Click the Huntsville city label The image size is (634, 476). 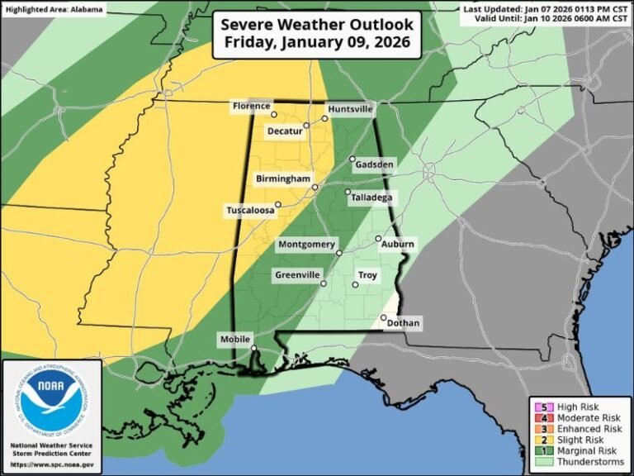pyautogui.click(x=351, y=109)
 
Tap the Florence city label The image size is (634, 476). pyautogui.click(x=251, y=107)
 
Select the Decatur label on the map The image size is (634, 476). pyautogui.click(x=283, y=131)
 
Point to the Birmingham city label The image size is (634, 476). pyautogui.click(x=282, y=178)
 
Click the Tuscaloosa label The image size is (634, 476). pyautogui.click(x=249, y=211)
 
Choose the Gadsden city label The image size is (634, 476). pyautogui.click(x=374, y=165)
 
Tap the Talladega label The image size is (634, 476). pyautogui.click(x=371, y=198)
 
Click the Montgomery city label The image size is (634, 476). pyautogui.click(x=306, y=245)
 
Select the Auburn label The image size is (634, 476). pyautogui.click(x=398, y=245)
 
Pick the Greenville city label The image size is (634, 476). pyautogui.click(x=298, y=275)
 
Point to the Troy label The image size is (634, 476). pyautogui.click(x=367, y=275)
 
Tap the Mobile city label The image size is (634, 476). pyautogui.click(x=234, y=340)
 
